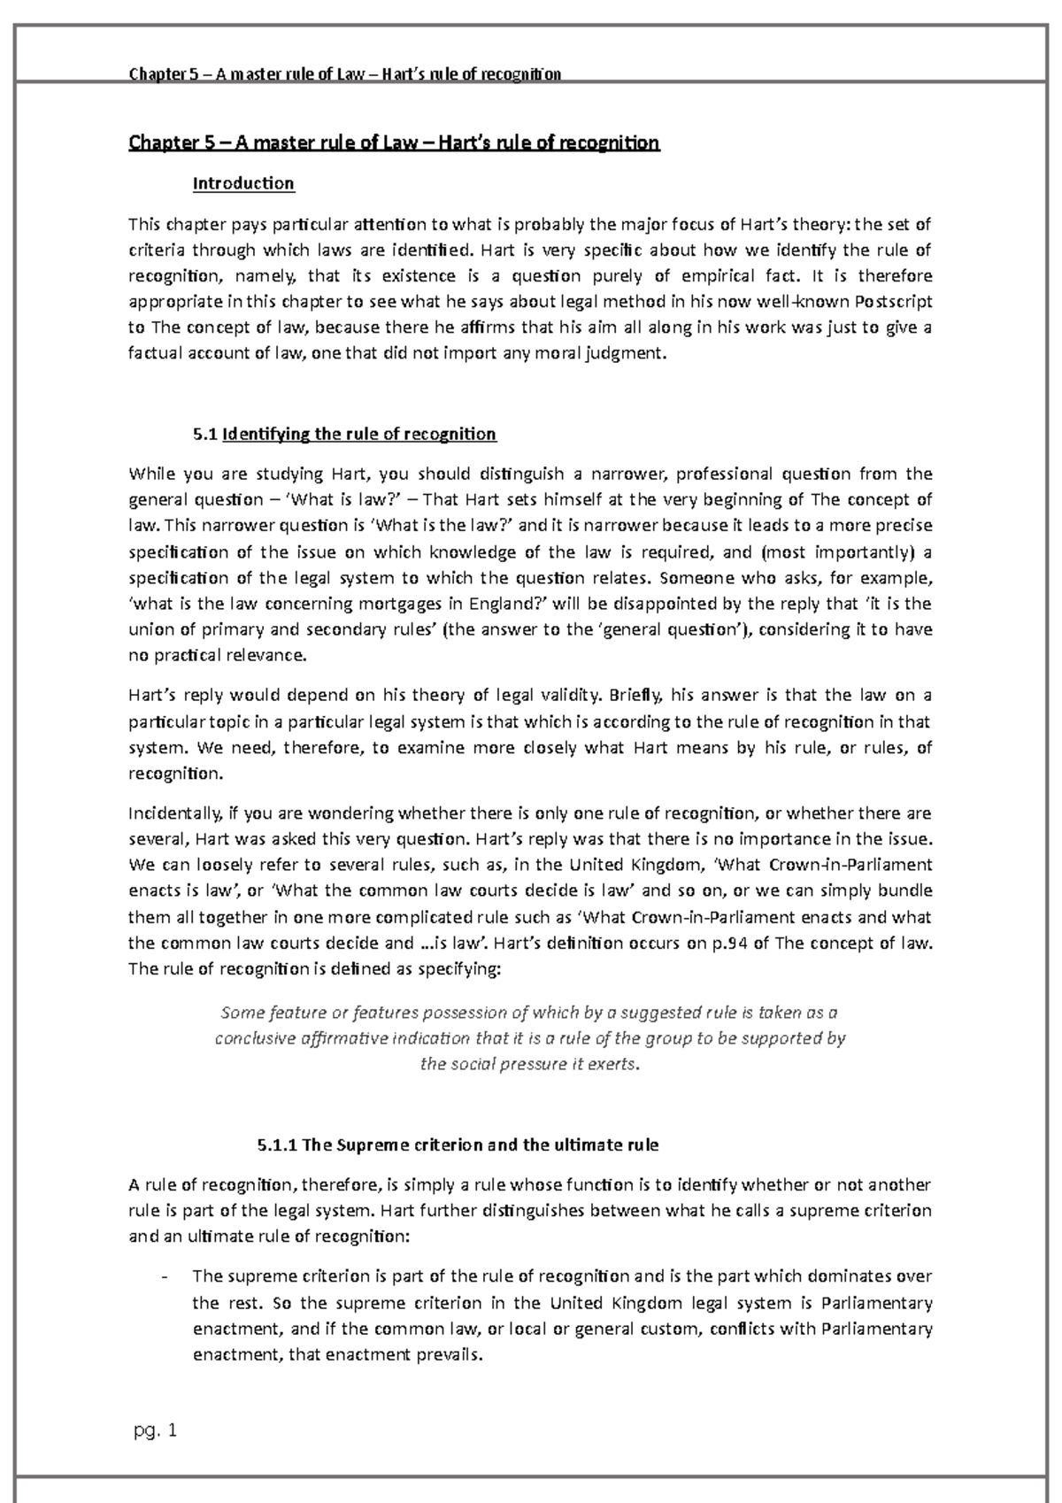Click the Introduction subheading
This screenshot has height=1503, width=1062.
point(243,183)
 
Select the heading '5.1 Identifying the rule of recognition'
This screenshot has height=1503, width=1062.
point(344,434)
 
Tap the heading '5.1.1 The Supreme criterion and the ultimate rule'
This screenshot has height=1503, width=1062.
point(458,1145)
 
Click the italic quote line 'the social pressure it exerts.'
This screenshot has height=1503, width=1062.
point(529,1065)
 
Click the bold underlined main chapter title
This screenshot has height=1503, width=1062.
point(394,143)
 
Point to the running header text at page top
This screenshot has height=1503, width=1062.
point(345,74)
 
